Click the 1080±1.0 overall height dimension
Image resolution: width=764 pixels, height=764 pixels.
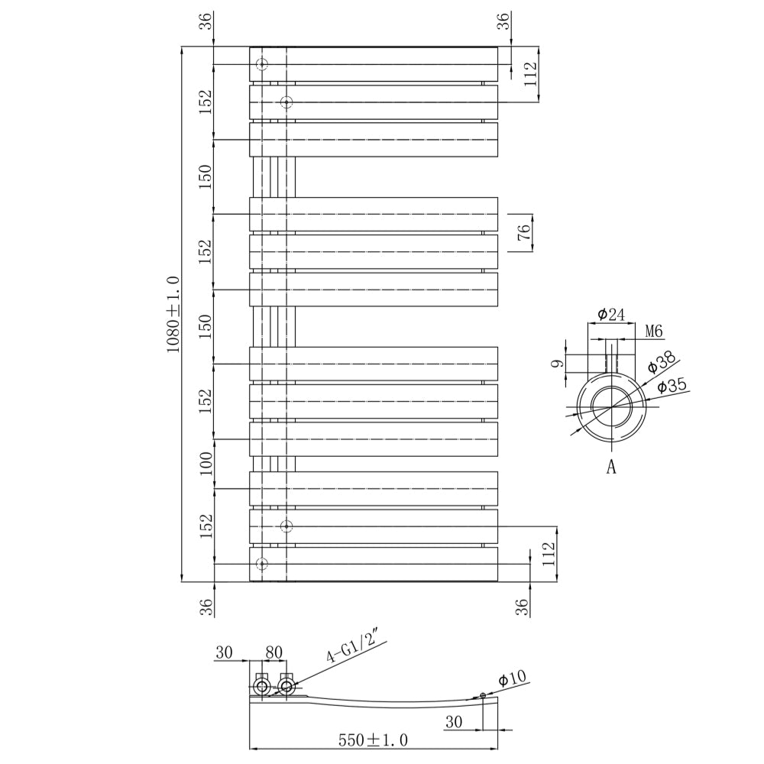tap(173, 314)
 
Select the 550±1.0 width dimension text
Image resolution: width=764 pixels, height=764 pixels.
tap(374, 740)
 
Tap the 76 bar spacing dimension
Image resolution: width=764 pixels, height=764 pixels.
tap(524, 233)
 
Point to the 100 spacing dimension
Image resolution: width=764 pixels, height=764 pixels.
tap(206, 463)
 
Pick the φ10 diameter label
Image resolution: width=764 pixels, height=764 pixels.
tap(513, 678)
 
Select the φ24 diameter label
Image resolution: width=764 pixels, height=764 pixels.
tap(611, 314)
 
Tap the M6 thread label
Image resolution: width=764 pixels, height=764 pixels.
tap(653, 332)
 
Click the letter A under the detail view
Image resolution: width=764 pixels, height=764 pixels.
tap(611, 468)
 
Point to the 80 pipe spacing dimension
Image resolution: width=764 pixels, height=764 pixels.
tap(274, 652)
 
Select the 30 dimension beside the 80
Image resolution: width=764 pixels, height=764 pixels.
tap(224, 652)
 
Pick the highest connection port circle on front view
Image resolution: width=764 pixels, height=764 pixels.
tap(262, 64)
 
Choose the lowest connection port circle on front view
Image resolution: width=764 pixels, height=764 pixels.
tap(262, 564)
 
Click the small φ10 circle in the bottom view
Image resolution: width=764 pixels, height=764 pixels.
tap(483, 695)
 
